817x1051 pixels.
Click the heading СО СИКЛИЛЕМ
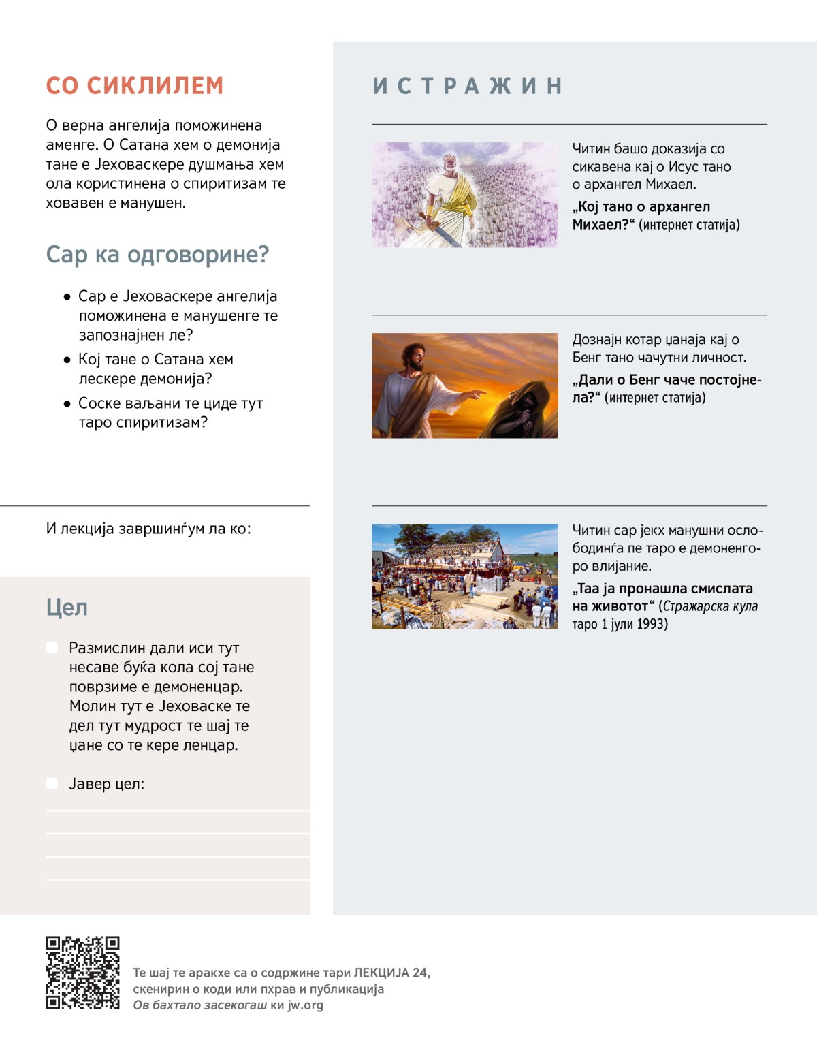pyautogui.click(x=134, y=86)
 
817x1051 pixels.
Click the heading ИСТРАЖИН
pyautogui.click(x=468, y=86)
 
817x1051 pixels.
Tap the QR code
pyautogui.click(x=82, y=973)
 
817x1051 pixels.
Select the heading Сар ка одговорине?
pyautogui.click(x=157, y=255)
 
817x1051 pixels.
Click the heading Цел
pyautogui.click(x=67, y=608)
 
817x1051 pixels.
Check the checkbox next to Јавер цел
pyautogui.click(x=52, y=783)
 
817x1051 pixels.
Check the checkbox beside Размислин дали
pyautogui.click(x=52, y=648)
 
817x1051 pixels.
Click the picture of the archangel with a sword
pyautogui.click(x=465, y=195)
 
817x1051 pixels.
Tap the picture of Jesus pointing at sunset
pyautogui.click(x=465, y=386)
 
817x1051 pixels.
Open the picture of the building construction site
pyautogui.click(x=465, y=576)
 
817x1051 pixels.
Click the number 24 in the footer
pyautogui.click(x=419, y=973)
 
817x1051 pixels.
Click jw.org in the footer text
pyautogui.click(x=305, y=1005)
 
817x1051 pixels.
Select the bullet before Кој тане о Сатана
pyautogui.click(x=67, y=360)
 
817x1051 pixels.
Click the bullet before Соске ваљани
pyautogui.click(x=67, y=404)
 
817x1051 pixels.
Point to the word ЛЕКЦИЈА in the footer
pyautogui.click(x=381, y=973)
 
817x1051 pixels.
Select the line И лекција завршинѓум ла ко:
pyautogui.click(x=148, y=529)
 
